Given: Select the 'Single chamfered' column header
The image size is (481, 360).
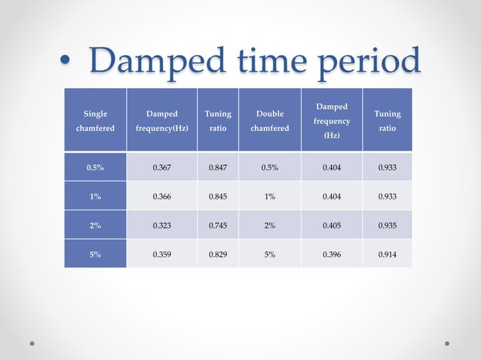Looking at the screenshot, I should tap(94, 121).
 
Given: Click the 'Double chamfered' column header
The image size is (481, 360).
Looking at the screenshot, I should tap(269, 121).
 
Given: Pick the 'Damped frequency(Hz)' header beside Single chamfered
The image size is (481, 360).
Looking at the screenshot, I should tap(161, 121).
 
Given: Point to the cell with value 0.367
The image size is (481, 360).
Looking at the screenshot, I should tap(161, 167).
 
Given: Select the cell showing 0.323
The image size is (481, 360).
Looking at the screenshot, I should tap(161, 225).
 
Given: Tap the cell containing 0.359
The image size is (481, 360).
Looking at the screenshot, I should tap(161, 255).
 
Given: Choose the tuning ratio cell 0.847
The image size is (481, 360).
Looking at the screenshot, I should tap(218, 167).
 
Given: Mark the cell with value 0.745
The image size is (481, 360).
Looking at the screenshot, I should tap(218, 225).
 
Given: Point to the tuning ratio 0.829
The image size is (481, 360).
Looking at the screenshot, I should tap(218, 255).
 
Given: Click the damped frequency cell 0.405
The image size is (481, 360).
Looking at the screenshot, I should tap(331, 225).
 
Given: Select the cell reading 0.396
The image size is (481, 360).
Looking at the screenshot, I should tap(331, 255).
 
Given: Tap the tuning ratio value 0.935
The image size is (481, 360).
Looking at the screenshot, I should tap(388, 225).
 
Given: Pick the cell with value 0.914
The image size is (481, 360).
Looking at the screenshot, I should tap(388, 255).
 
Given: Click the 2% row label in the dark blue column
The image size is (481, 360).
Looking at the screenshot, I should tap(94, 225).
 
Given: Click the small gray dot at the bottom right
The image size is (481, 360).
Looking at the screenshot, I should tap(447, 343).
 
